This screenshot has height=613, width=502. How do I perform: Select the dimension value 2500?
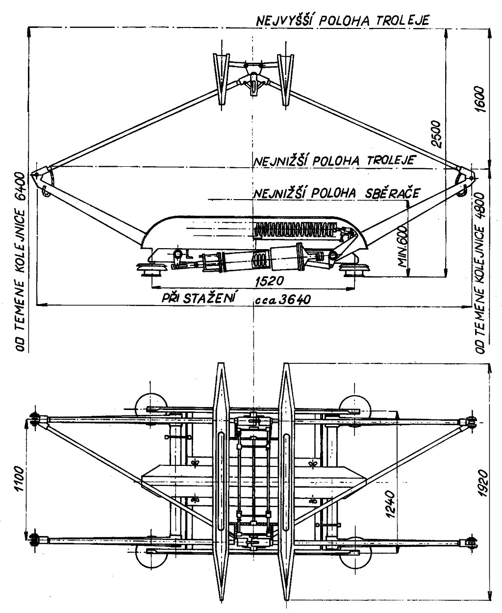437,134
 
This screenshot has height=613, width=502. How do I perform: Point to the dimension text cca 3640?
283,299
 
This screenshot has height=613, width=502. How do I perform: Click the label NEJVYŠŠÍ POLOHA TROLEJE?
342,20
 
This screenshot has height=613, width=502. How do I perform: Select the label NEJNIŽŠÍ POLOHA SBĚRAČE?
336,193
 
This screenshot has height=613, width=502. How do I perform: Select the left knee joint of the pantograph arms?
41,178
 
